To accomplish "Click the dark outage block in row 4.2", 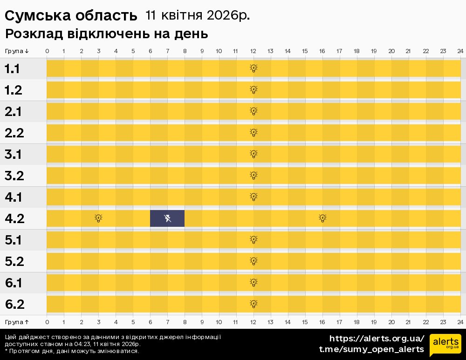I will [x=167, y=218].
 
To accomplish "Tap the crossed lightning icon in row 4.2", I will [x=168, y=218].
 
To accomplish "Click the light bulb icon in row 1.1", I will [x=254, y=68].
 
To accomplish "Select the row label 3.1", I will [x=14, y=155].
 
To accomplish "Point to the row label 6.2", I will [x=14, y=305].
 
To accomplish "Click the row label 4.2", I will [x=14, y=219].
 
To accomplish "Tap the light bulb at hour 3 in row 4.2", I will [x=98, y=218].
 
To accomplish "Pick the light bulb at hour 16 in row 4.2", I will [x=322, y=218].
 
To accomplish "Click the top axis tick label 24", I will [x=460, y=51].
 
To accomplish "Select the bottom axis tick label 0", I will [x=47, y=322].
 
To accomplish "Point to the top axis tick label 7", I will [x=167, y=51].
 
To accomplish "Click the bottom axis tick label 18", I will [x=356, y=322].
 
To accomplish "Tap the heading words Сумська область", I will [x=71, y=16].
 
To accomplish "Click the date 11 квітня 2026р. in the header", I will [x=198, y=15].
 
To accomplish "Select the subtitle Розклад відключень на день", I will [x=106, y=34].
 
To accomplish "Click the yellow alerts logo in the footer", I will [x=445, y=345].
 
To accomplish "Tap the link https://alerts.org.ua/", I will [x=377, y=339].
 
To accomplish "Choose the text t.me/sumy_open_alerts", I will [x=371, y=349].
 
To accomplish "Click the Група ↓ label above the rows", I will [x=17, y=51].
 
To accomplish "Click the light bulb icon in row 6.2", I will [x=254, y=304].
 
